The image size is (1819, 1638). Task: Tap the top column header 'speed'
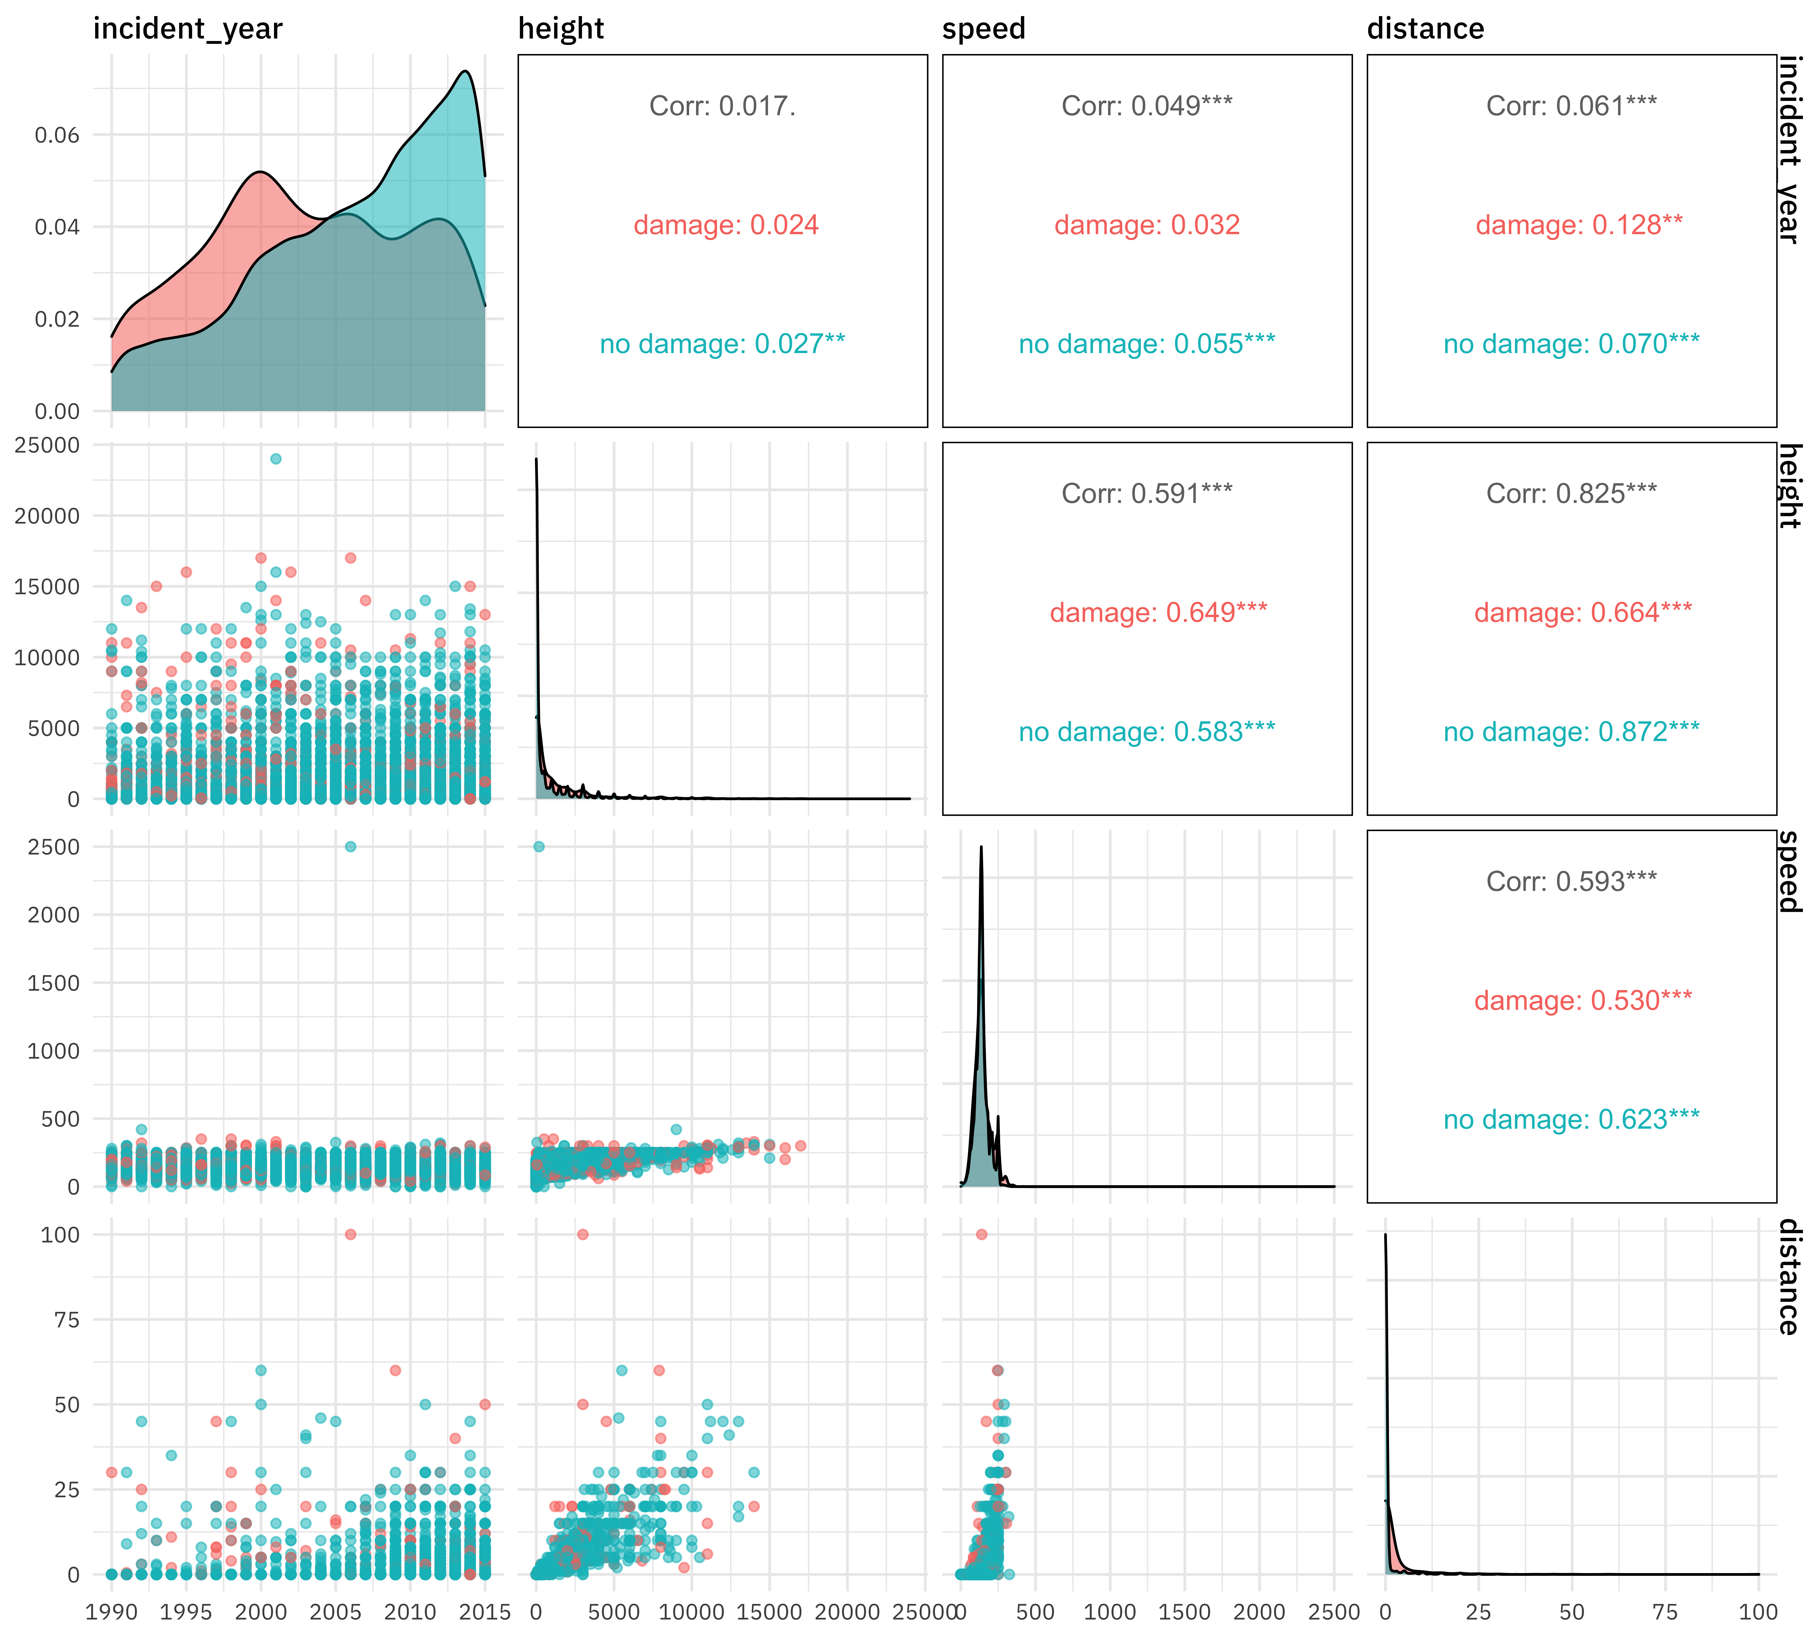point(983,29)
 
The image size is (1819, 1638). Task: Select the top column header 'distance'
point(1425,29)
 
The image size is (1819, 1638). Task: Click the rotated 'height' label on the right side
point(1789,486)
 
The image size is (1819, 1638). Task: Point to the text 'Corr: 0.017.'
point(722,106)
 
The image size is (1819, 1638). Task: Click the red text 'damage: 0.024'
point(726,225)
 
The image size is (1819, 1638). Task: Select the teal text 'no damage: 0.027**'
point(722,344)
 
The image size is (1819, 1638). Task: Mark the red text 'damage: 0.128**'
point(1579,225)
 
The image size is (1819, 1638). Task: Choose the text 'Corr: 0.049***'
point(1147,106)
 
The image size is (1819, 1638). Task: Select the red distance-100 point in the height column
point(583,1234)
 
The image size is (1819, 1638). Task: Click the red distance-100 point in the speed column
point(981,1234)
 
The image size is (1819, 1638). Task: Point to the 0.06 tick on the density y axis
point(57,135)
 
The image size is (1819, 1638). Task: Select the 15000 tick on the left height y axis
point(47,587)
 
